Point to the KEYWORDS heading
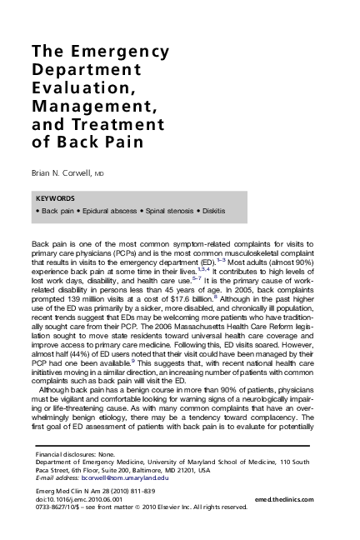pos(56,198)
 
